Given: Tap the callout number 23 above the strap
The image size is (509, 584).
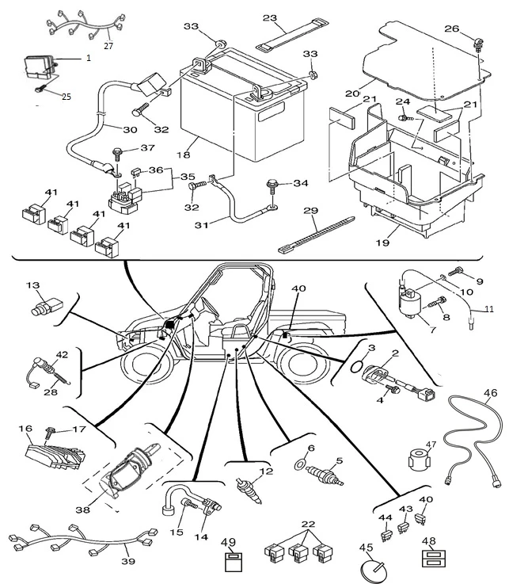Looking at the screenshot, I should (270, 17).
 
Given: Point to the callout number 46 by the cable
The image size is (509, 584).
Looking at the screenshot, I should (490, 391).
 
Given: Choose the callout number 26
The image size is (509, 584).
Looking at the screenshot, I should (474, 29).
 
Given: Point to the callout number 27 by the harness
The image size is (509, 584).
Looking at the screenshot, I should (108, 46).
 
